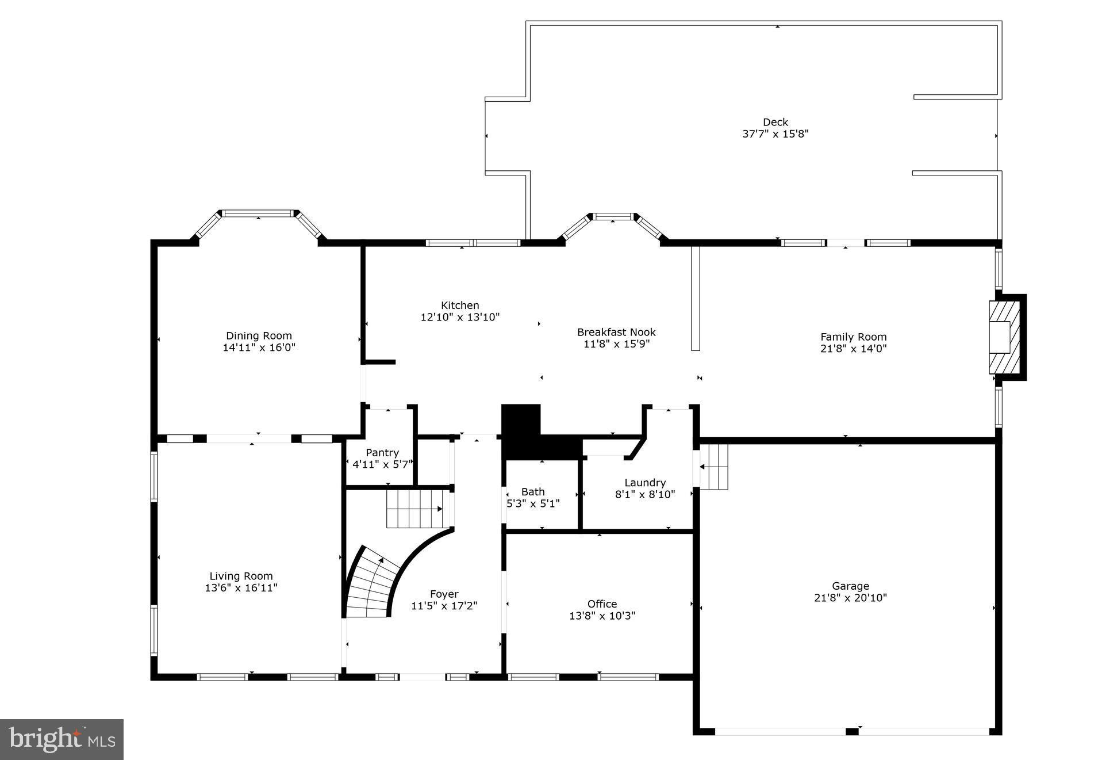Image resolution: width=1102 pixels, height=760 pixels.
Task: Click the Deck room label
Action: coord(775,122)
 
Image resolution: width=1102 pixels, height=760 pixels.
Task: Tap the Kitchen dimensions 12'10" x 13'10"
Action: coord(460,317)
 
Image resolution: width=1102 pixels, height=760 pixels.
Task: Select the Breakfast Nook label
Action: coord(616,332)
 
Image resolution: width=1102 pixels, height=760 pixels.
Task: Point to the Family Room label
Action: coord(853,337)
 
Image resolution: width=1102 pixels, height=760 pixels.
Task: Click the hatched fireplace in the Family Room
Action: coord(1004,337)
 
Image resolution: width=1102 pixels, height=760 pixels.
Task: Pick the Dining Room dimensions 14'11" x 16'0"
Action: coord(259,347)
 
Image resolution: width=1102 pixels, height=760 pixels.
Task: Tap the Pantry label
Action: coord(382,453)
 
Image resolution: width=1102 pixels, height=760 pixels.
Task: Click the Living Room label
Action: coord(241,576)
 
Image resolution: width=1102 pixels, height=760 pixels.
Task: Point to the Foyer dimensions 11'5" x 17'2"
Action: coord(444,606)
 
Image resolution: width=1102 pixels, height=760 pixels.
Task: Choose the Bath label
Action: coord(533,491)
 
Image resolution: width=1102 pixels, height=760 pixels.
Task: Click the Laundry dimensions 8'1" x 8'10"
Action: coord(645,494)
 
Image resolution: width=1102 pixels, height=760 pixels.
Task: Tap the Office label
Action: coord(602,604)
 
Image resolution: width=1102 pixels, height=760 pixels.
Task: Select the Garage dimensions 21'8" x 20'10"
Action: coord(850,598)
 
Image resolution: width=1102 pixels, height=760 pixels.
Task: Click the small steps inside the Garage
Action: coord(715,467)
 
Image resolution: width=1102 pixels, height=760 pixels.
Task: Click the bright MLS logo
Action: coord(62,739)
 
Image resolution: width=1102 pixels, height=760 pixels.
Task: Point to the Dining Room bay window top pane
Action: coord(258,213)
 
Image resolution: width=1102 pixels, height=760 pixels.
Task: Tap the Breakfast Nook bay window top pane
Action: coord(613,217)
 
